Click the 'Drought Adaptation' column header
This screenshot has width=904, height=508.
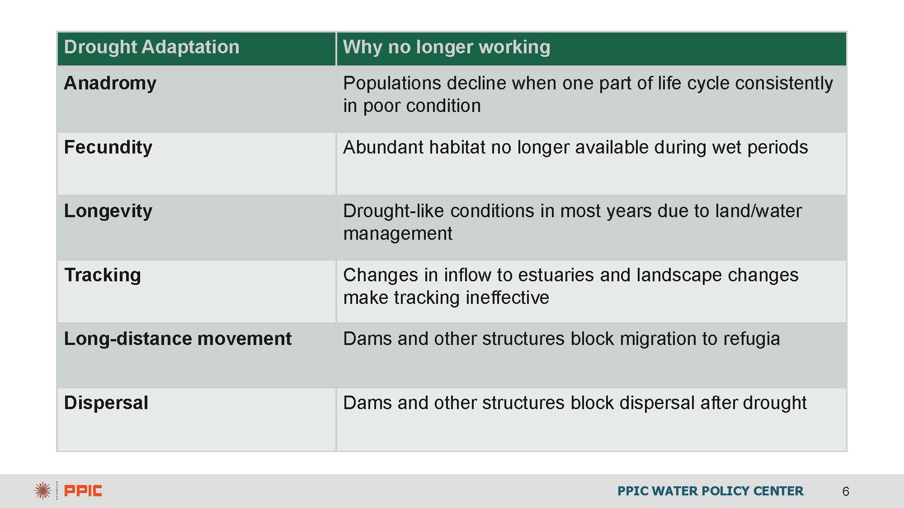151,47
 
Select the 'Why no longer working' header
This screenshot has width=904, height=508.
447,47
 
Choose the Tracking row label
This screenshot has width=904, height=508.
103,275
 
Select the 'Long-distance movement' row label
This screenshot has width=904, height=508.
178,339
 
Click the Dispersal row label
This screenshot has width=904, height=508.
106,403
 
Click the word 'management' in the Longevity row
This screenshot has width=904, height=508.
398,234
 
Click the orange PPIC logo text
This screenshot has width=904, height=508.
83,491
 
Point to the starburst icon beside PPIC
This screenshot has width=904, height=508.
42,491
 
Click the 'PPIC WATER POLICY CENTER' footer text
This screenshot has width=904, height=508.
711,491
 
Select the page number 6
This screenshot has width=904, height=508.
846,491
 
